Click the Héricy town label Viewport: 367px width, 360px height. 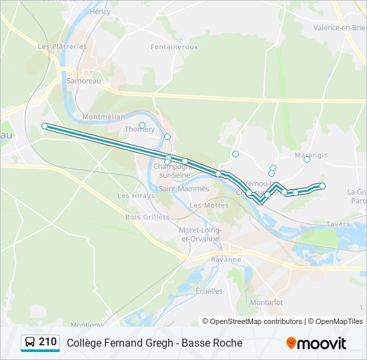99,12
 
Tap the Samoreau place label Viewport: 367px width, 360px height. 83,80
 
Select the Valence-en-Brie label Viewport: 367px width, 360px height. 340,27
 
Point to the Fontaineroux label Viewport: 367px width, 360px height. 174,47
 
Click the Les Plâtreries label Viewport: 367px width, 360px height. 63,47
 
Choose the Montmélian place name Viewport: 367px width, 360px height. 103,116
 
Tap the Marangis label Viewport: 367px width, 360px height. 311,155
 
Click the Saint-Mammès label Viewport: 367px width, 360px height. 183,189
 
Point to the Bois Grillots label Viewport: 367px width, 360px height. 147,217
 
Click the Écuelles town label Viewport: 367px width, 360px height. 209,291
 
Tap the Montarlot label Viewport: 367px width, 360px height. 266,302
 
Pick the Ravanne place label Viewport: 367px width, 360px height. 225,259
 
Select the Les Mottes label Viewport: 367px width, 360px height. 209,205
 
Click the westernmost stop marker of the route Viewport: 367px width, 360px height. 45,125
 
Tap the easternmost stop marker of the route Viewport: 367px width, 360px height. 322,186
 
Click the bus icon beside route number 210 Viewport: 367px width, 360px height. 30,343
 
